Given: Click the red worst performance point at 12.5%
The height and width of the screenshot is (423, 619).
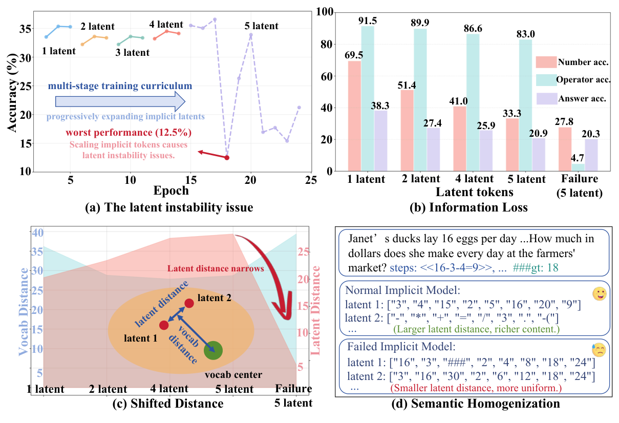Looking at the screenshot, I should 227,157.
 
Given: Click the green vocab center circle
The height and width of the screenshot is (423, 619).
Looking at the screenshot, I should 213,351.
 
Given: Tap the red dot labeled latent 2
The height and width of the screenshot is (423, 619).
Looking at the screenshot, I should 189,303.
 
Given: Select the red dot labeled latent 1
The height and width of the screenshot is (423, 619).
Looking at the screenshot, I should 164,325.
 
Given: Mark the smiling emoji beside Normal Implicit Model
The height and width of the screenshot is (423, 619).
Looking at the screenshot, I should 598,294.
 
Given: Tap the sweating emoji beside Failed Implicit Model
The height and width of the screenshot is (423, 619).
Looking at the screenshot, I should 599,350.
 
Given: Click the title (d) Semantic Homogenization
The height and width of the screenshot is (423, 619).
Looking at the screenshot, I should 475,404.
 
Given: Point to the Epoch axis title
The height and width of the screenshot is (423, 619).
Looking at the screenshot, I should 171,191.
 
